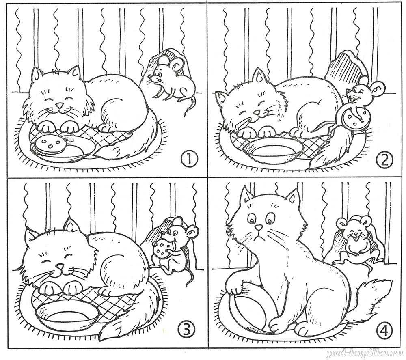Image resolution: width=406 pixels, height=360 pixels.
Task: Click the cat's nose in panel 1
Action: coord(60,106)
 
